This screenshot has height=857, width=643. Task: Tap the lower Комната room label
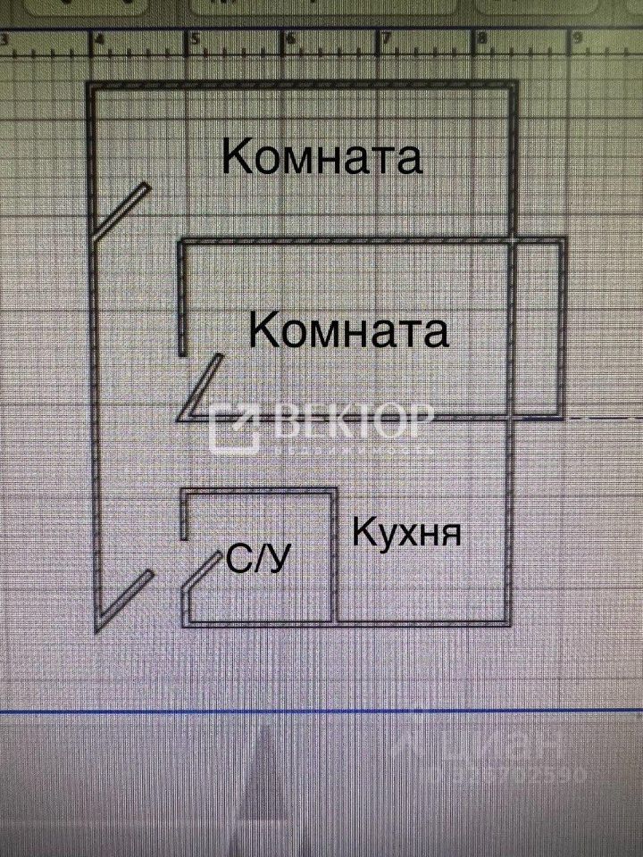point(348,331)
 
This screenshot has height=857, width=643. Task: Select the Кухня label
point(407,533)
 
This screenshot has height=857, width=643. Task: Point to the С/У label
point(260,560)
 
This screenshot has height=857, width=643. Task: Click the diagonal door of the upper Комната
point(122,212)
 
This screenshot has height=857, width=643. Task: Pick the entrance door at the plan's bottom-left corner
point(123,600)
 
